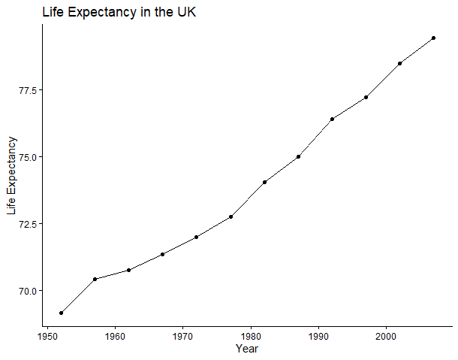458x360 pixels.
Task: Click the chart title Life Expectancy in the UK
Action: click(119, 12)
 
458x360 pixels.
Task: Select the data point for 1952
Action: click(61, 313)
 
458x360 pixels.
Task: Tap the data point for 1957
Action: click(95, 279)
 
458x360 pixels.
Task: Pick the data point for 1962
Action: click(128, 270)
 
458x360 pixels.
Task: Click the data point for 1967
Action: click(162, 254)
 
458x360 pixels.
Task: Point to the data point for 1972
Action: click(196, 237)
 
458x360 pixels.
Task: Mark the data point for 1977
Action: click(231, 216)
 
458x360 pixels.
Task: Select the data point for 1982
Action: click(264, 182)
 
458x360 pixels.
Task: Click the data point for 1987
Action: click(298, 157)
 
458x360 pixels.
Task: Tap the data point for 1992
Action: click(332, 119)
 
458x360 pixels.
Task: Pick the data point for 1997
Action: click(366, 97)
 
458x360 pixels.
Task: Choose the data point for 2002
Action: click(400, 63)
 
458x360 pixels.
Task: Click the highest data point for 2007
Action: click(433, 38)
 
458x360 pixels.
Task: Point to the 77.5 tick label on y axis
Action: click(29, 90)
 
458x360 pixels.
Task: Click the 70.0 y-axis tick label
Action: click(29, 291)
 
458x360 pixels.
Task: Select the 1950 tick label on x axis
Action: click(47, 337)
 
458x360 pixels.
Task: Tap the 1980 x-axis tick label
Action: click(251, 337)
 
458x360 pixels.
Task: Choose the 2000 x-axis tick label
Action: click(386, 337)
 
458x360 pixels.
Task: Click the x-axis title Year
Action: click(247, 349)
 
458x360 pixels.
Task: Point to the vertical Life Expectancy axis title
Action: click(12, 175)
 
